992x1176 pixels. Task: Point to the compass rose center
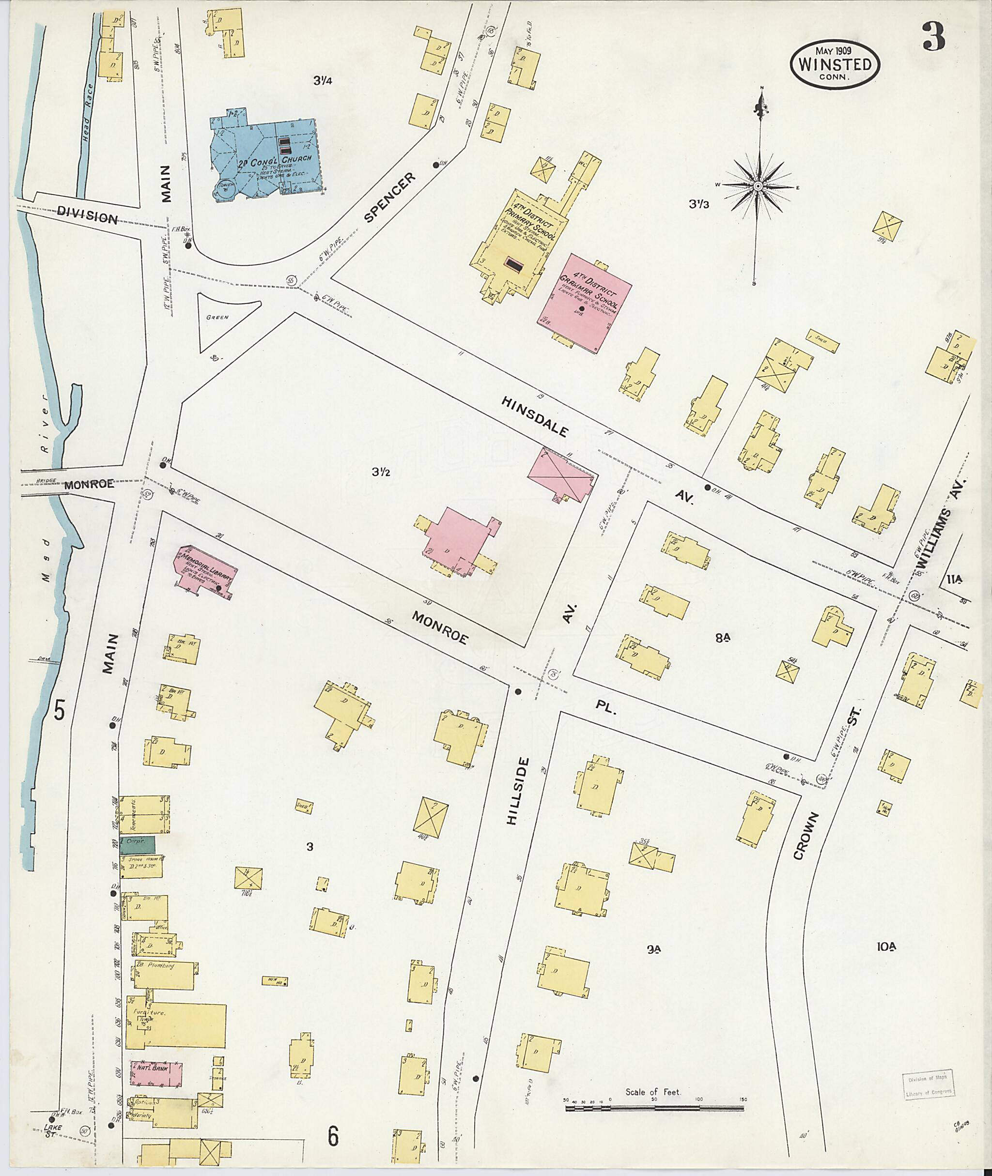click(758, 185)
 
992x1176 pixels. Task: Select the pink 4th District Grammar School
click(585, 303)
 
